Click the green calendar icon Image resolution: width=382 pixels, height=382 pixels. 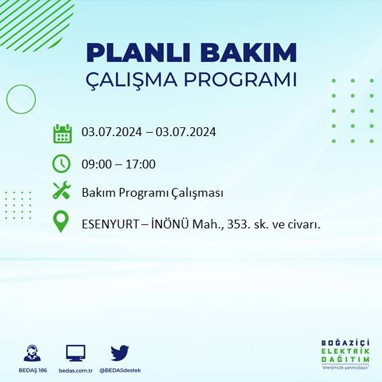[x=62, y=133]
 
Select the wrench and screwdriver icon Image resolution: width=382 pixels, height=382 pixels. [x=62, y=191]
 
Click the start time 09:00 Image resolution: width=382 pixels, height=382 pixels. [x=96, y=164]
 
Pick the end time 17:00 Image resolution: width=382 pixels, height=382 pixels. [x=141, y=164]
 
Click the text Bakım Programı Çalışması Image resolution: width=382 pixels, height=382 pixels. [x=152, y=193]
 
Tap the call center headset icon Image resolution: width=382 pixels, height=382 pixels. [x=31, y=353]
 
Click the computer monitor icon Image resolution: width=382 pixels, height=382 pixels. [x=75, y=352]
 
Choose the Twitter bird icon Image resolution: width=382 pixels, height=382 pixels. [x=120, y=352]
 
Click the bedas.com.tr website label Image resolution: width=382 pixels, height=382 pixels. [x=75, y=371]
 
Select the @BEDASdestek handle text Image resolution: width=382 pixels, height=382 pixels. [x=120, y=371]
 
